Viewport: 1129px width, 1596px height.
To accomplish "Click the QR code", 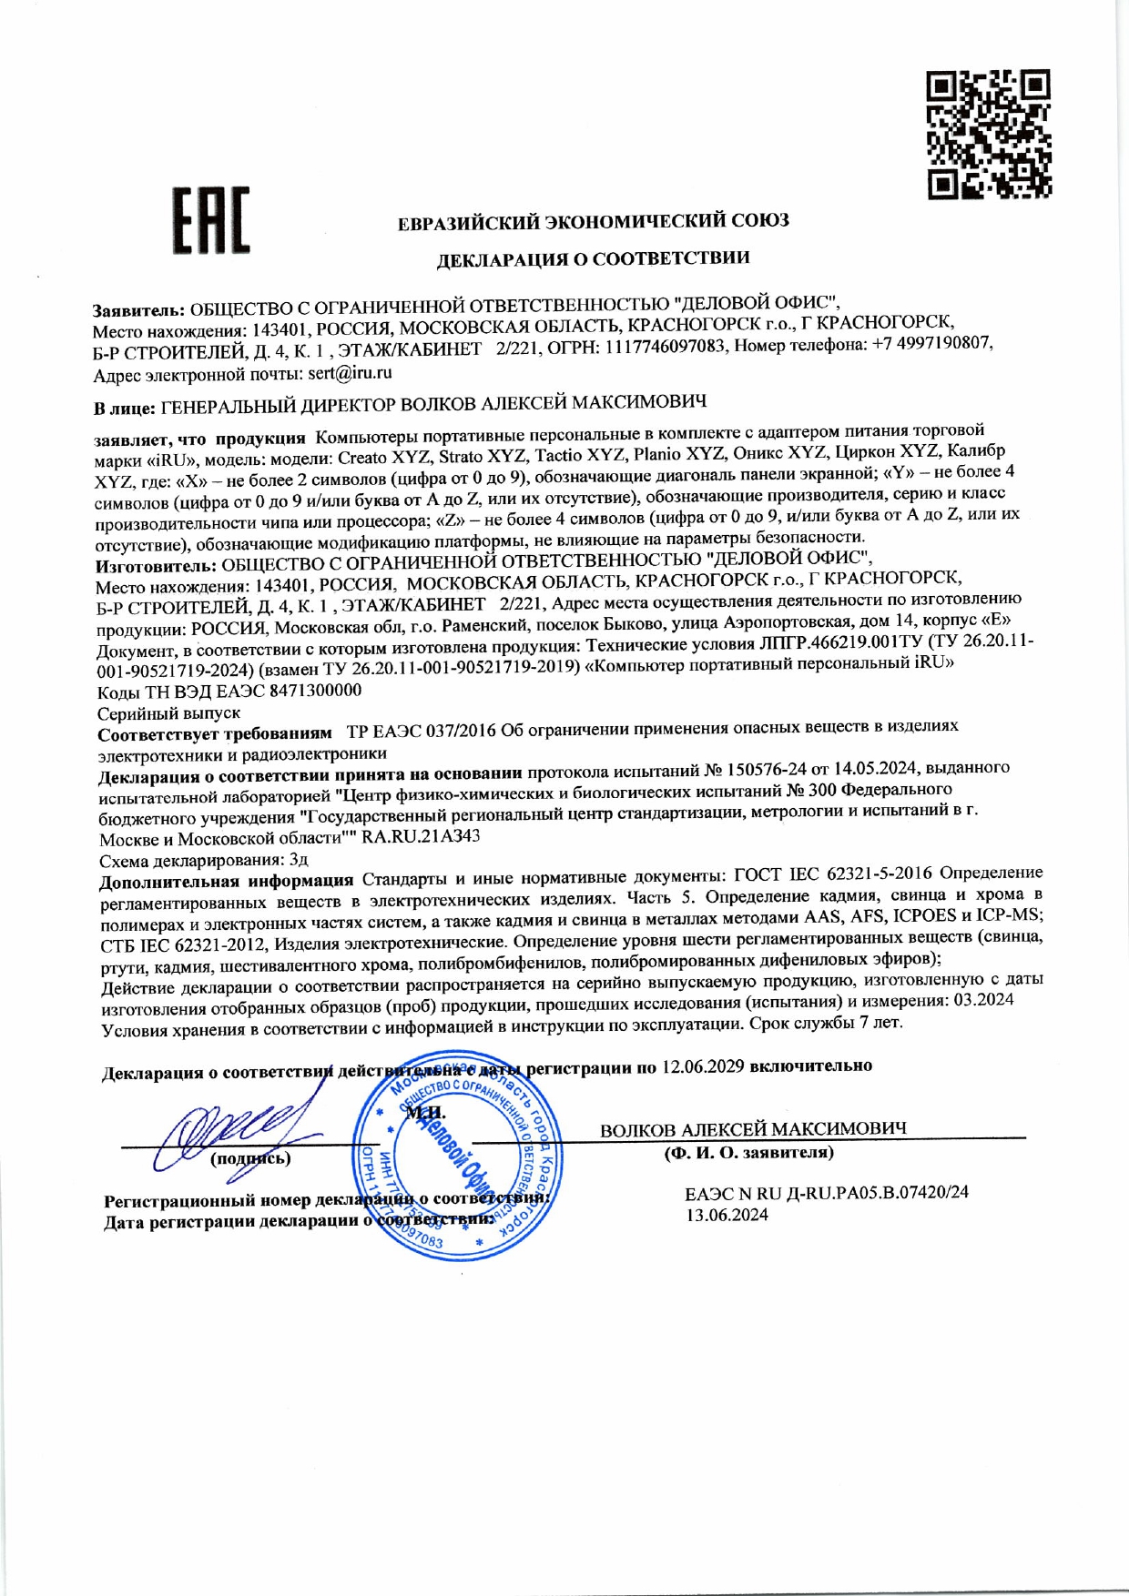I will click(989, 135).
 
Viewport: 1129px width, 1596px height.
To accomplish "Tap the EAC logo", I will click(211, 220).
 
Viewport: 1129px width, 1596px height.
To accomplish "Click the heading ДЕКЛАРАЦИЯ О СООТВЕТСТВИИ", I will click(593, 259).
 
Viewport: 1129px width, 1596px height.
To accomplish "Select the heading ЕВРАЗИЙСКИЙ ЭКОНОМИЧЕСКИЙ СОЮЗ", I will click(593, 221).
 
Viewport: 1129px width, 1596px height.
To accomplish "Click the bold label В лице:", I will click(125, 409).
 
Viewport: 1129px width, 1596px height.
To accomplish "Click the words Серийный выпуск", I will click(168, 713).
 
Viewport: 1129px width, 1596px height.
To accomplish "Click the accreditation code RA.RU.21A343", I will click(421, 836).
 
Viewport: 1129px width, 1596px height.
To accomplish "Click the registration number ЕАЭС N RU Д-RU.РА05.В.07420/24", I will click(827, 1193).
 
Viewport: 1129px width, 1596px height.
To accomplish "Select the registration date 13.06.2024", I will click(727, 1215).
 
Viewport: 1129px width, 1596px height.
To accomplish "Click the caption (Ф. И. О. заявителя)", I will click(748, 1153).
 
